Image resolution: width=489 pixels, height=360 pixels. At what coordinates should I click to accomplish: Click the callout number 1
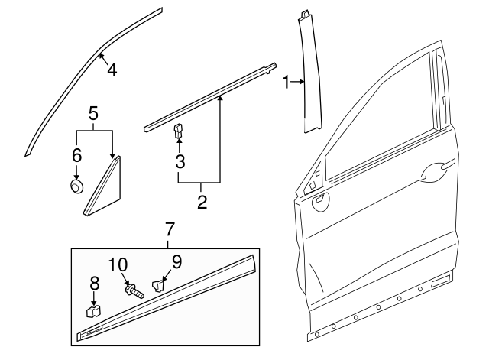click(287, 81)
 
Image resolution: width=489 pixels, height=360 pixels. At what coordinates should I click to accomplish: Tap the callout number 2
click(202, 203)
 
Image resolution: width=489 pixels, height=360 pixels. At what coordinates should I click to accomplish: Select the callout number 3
click(180, 161)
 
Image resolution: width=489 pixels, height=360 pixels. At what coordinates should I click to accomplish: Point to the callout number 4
click(112, 70)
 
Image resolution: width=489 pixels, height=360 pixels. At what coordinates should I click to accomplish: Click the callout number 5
click(93, 113)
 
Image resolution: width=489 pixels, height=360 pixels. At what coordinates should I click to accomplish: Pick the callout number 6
click(76, 155)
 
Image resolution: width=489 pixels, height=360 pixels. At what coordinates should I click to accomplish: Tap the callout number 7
click(170, 229)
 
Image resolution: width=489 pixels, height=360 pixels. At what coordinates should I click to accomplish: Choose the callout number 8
click(95, 283)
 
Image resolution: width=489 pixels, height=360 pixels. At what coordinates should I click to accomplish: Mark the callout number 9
click(176, 261)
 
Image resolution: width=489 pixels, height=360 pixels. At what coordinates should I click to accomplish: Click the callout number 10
click(118, 264)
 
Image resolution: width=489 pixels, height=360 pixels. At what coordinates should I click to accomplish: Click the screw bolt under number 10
click(134, 291)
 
